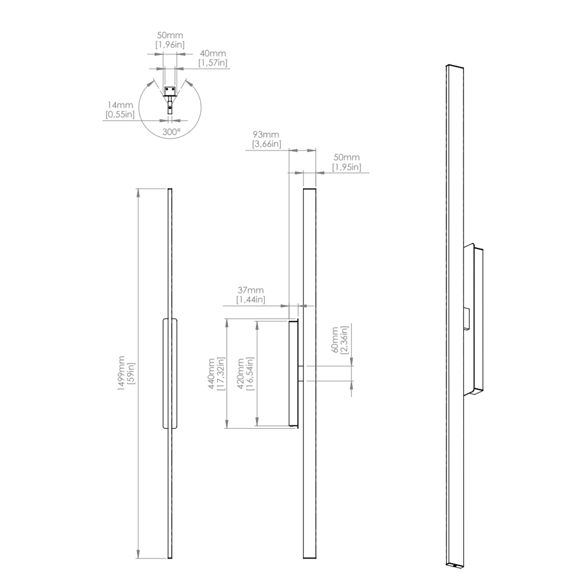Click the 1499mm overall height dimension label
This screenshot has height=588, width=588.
122,374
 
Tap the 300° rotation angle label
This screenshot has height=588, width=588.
172,132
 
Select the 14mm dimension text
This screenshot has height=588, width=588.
120,105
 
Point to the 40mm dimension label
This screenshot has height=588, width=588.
213,53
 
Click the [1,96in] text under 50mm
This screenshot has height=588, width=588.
170,45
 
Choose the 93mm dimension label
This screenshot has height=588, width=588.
266,134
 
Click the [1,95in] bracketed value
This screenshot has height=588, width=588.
347,167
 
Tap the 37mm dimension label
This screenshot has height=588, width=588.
250,290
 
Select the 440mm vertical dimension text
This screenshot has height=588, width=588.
211,374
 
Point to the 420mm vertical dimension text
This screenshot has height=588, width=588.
241,374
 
